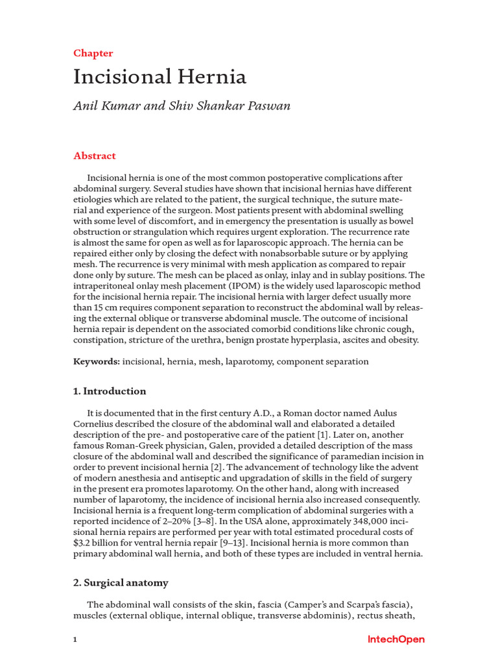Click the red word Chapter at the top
93,53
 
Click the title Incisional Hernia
160,77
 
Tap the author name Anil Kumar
106,106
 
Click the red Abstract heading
95,156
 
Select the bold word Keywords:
97,361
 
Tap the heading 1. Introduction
110,391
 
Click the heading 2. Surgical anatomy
121,582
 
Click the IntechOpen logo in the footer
396,639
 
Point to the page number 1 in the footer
75,640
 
